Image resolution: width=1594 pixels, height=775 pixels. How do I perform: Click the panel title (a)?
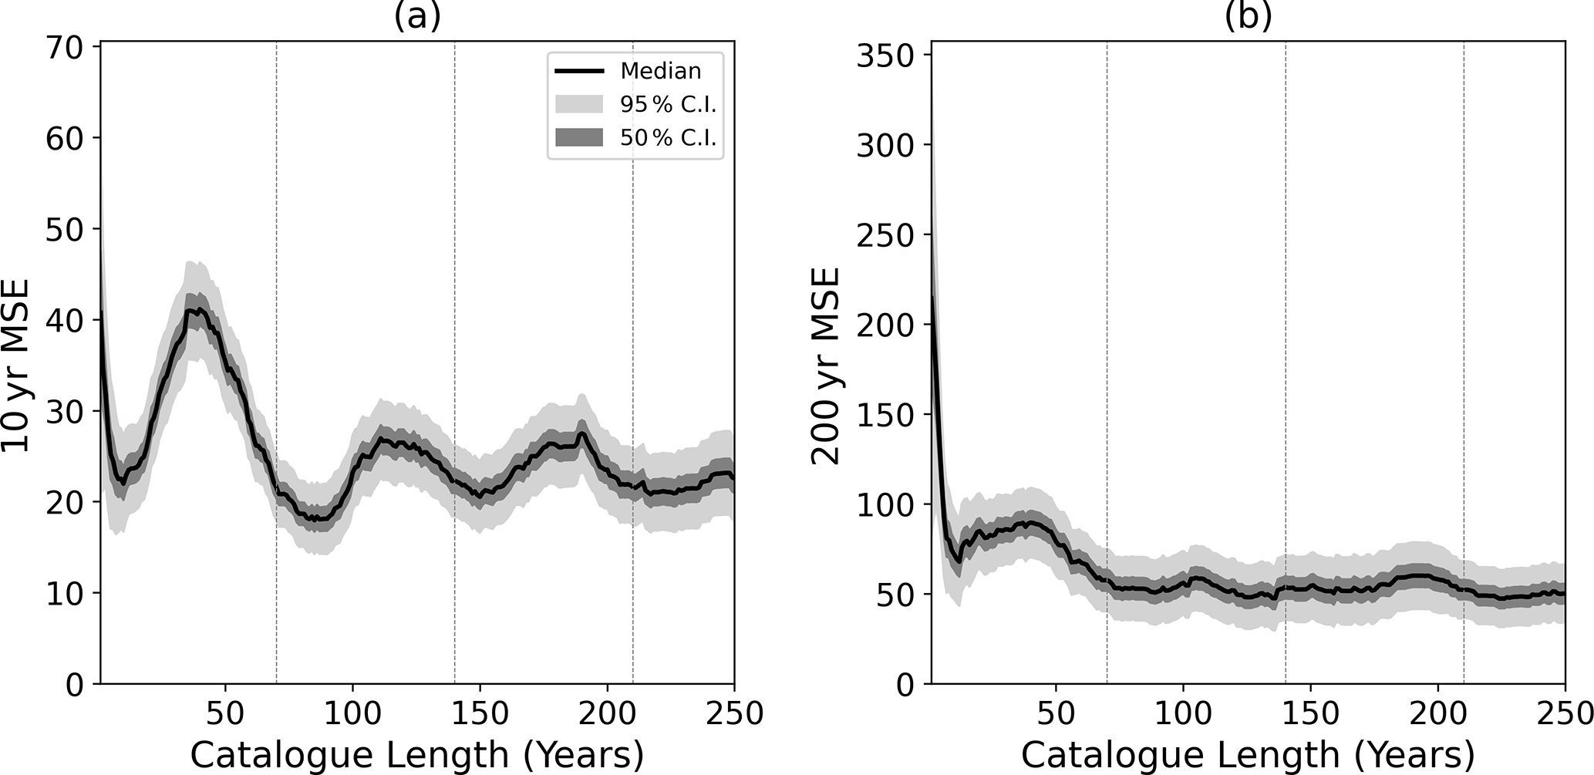(417, 15)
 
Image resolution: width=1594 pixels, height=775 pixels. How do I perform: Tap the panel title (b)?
(1248, 15)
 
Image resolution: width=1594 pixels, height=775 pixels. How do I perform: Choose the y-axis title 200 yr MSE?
(827, 365)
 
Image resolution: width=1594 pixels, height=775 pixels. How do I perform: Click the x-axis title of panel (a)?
(417, 754)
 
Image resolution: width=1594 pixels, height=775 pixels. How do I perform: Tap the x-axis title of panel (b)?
(1248, 754)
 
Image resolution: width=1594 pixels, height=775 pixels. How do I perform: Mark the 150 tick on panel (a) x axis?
(480, 713)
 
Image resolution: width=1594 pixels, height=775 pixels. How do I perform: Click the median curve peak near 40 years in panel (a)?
(199, 310)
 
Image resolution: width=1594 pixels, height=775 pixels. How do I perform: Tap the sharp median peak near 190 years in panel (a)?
(581, 433)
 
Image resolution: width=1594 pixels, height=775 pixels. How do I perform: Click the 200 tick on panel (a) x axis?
(607, 713)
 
